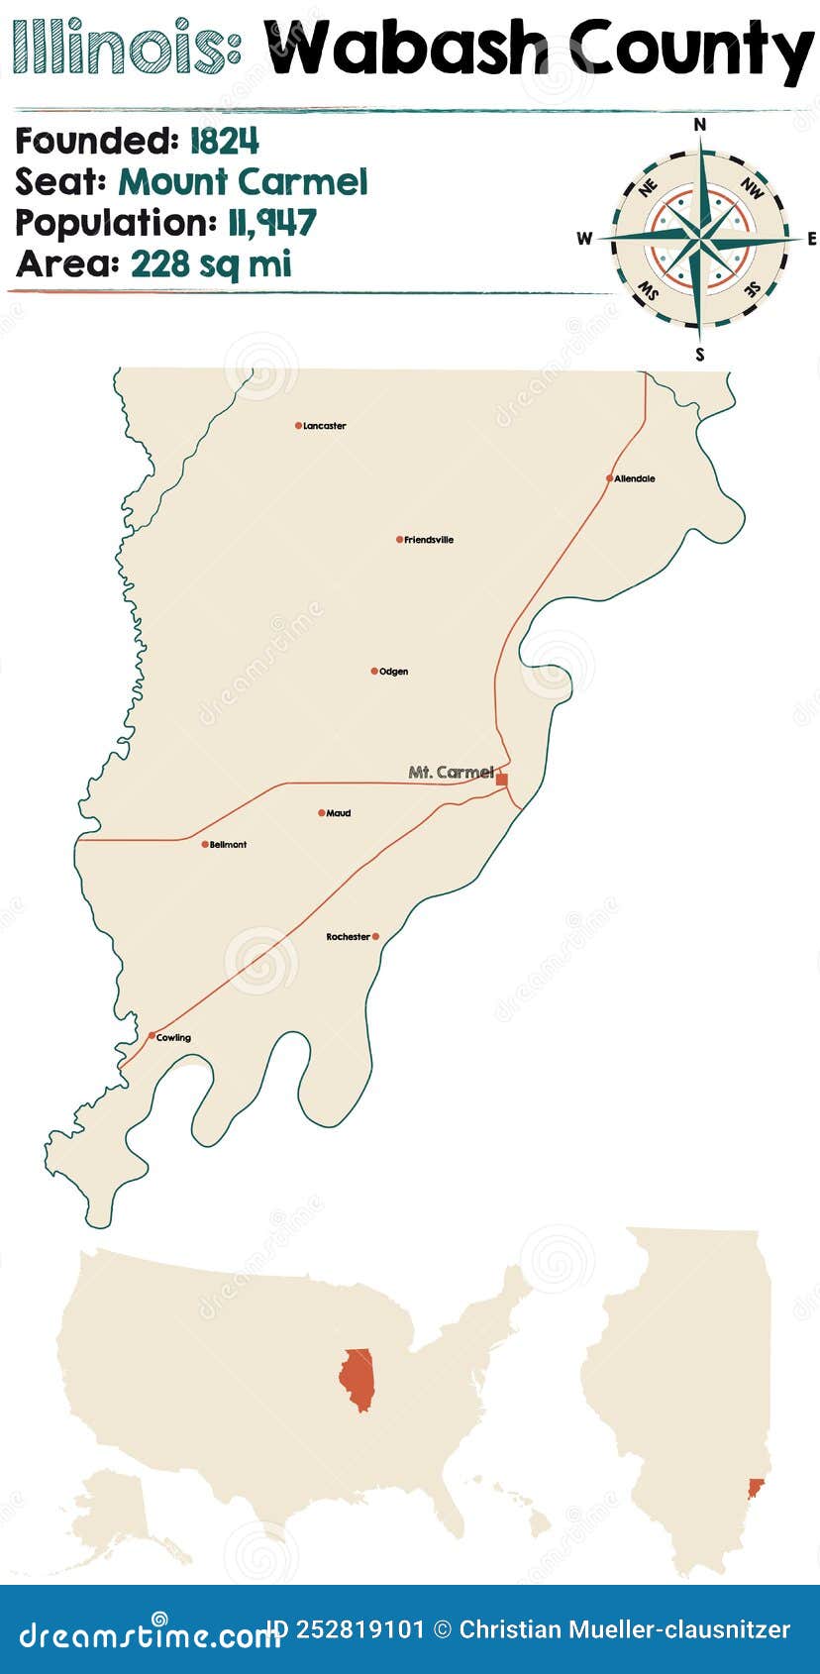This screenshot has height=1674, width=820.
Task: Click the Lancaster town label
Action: click(324, 426)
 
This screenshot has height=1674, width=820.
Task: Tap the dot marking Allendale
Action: click(610, 478)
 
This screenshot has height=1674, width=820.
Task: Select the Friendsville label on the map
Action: click(429, 540)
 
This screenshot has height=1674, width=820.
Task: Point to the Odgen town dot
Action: click(374, 672)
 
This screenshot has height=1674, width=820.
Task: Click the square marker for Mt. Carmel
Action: click(502, 780)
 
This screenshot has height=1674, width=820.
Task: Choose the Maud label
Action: click(339, 813)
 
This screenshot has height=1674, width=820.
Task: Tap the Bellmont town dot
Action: click(205, 845)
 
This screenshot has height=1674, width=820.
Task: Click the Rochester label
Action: click(348, 937)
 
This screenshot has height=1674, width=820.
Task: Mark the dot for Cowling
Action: click(152, 1036)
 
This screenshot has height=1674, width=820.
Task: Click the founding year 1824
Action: click(224, 142)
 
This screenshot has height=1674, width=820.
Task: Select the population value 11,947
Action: click(270, 223)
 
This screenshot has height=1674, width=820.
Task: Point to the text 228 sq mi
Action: click(211, 264)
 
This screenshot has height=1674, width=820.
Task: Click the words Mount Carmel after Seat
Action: click(243, 182)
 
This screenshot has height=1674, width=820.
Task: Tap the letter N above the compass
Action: click(700, 124)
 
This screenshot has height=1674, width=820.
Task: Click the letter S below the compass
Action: click(700, 354)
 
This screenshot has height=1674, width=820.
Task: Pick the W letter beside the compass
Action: click(584, 238)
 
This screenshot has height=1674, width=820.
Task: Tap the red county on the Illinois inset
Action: click(756, 1487)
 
